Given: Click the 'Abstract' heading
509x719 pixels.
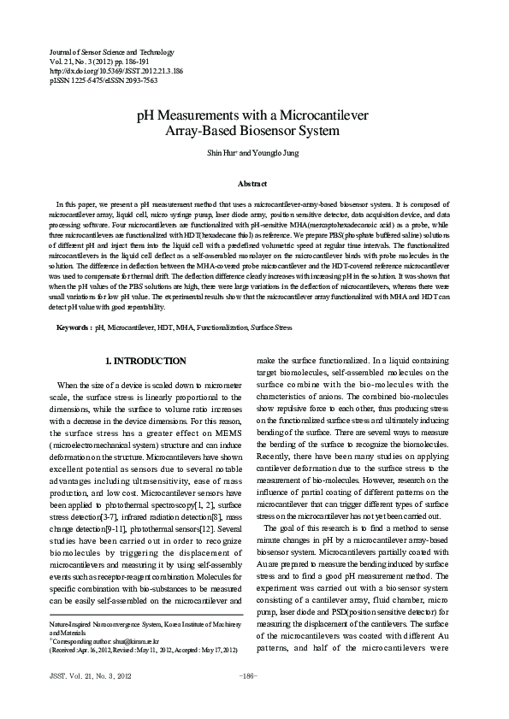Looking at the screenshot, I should [x=254, y=183].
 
